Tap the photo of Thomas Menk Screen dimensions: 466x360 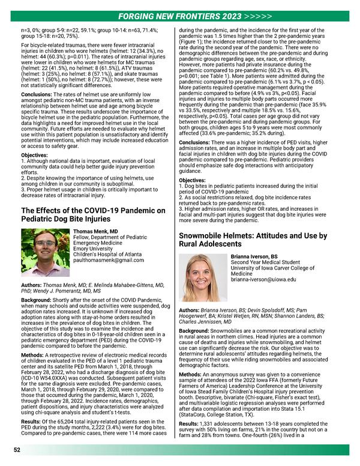(45, 253)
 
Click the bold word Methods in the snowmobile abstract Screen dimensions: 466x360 (193, 374)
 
